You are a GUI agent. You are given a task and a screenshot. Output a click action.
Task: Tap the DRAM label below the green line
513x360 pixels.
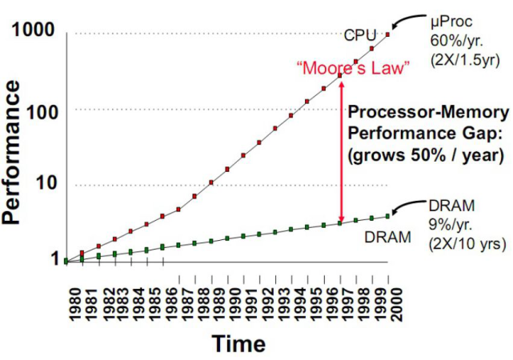(387, 236)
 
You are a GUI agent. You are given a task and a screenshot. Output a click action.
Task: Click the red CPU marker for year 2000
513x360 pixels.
(388, 34)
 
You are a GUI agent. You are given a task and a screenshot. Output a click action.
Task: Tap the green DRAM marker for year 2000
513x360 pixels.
(388, 215)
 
